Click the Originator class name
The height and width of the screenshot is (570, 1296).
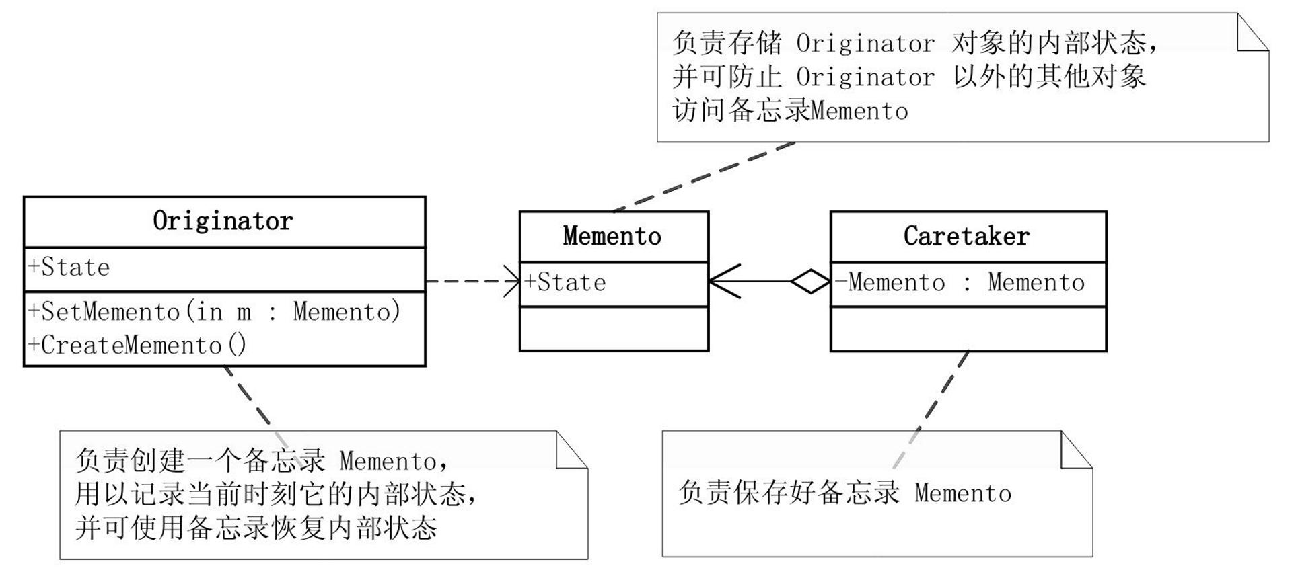223,221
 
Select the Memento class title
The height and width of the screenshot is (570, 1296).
612,236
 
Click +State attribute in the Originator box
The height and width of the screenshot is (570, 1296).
69,268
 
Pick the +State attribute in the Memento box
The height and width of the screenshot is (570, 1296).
565,282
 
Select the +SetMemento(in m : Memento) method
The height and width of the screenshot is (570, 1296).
214,311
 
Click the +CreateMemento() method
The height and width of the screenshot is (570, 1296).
137,345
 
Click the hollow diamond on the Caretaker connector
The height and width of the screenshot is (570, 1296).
810,281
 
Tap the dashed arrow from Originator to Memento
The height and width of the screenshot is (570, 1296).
471,281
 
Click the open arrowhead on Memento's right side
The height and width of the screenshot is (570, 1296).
724,281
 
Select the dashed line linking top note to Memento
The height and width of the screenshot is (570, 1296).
703,176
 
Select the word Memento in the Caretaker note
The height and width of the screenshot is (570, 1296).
962,493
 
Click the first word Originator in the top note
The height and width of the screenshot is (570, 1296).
865,44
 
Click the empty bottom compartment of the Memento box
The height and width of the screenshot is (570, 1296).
613,329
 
